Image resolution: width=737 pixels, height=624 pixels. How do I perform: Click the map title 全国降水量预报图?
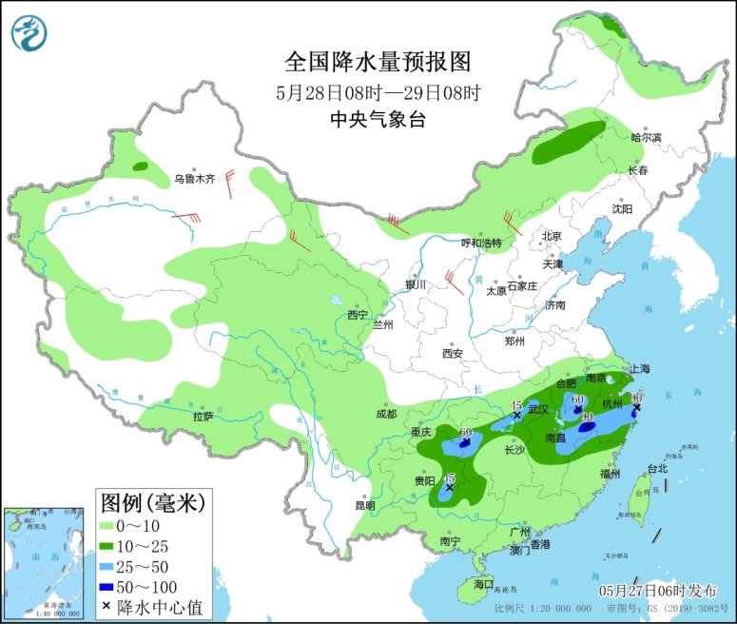click(x=378, y=62)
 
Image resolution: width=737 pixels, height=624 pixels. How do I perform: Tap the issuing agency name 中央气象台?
click(x=378, y=120)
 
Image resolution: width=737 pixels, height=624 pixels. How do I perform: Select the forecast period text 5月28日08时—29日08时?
click(x=378, y=92)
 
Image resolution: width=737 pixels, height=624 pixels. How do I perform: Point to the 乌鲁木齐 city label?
click(x=194, y=179)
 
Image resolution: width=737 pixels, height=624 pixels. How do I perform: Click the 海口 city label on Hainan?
click(x=484, y=583)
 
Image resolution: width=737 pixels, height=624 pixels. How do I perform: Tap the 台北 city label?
click(x=657, y=468)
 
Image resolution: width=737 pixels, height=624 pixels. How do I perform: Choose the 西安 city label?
click(x=452, y=354)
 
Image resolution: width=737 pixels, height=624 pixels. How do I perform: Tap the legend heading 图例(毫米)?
click(x=152, y=500)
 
